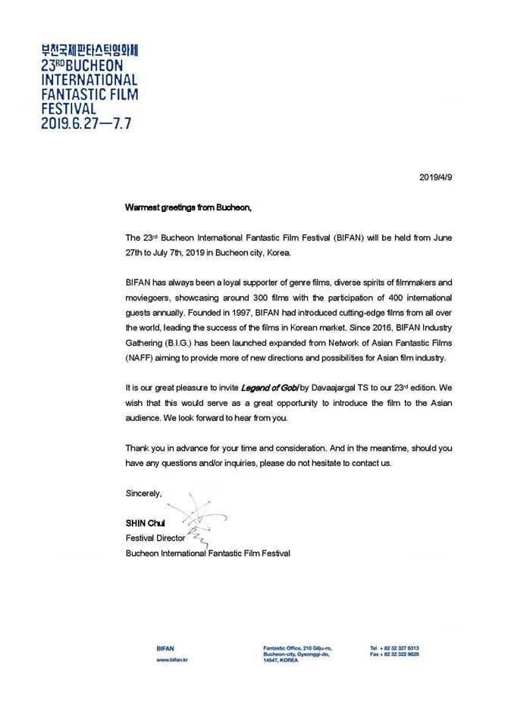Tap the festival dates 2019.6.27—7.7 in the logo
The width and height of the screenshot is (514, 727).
click(86, 123)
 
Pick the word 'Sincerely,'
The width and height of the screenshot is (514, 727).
click(144, 493)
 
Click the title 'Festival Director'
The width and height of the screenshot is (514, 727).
click(155, 538)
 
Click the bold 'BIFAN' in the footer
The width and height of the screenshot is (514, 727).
click(165, 648)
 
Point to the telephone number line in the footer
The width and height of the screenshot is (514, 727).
click(394, 648)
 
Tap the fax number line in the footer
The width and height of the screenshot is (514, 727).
click(394, 654)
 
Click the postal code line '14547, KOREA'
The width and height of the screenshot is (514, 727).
click(281, 660)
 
